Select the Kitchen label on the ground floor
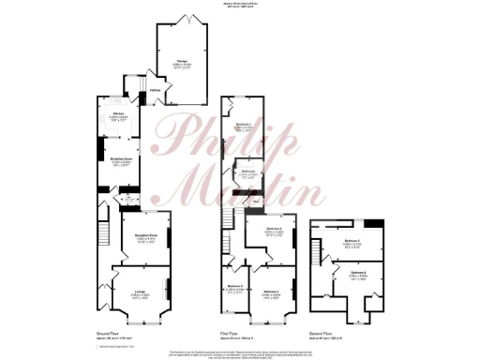point(117,116)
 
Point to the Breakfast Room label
point(119,162)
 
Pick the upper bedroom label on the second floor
point(352,243)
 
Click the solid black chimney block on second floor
point(374,223)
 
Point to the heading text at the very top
point(240,6)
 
